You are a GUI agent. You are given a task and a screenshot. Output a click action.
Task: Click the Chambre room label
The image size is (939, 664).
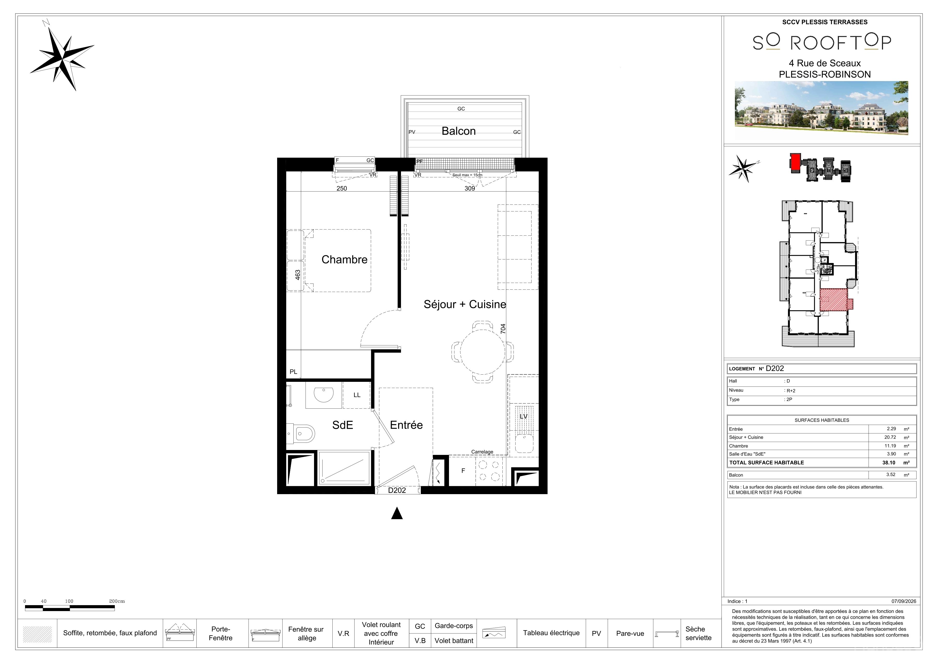tap(344, 259)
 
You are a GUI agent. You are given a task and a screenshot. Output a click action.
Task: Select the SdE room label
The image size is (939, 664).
tap(342, 425)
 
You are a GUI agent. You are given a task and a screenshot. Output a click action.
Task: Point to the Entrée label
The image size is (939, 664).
tap(406, 425)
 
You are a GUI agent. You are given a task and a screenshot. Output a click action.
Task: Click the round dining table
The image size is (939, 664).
tap(483, 352)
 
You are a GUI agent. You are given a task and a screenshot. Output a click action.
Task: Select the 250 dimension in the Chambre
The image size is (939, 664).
tap(341, 189)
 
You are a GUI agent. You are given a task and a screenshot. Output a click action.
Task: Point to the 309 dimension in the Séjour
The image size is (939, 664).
tap(470, 189)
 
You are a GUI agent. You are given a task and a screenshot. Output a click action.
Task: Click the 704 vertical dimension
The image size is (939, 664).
tap(503, 329)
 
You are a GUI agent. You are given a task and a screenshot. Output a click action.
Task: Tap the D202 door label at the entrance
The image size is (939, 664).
tap(397, 490)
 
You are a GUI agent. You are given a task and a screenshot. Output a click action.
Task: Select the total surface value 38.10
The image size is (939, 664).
tap(889, 463)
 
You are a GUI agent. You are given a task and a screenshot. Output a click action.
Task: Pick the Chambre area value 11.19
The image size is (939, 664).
tap(890, 446)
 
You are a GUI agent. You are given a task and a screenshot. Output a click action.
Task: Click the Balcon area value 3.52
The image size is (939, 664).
tap(891, 475)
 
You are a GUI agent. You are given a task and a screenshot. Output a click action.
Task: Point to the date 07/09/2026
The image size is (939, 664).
tap(904, 602)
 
